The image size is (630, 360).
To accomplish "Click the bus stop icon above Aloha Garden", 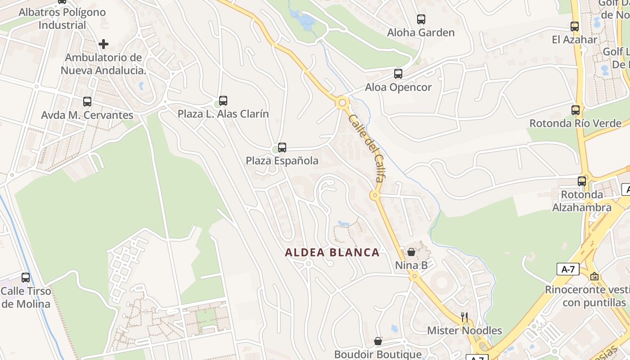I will tap(421, 19).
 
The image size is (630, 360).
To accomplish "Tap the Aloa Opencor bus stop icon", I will tap(398, 74).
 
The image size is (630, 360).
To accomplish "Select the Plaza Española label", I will tap(282, 161).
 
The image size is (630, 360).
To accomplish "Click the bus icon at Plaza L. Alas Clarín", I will tap(223, 101).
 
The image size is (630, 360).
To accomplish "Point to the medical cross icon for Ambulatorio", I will tap(103, 44).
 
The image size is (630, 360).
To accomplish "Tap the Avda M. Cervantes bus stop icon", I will tap(87, 102).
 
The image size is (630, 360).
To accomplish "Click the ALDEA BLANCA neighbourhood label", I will tap(332, 252).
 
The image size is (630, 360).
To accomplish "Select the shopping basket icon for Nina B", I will tap(411, 252).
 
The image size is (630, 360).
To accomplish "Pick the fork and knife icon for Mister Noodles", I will tap(464, 317).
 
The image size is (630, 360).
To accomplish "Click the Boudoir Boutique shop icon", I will tap(378, 342).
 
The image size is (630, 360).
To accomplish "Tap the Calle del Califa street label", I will tap(365, 148).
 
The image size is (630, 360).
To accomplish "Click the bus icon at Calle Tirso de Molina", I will tap(26, 278).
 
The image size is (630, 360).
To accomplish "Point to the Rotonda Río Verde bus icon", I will tap(576, 110).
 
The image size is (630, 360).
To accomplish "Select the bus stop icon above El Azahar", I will tap(575, 27).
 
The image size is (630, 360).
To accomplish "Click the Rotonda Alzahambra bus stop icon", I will tap(582, 181).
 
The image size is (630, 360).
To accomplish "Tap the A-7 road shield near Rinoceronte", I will tap(568, 269).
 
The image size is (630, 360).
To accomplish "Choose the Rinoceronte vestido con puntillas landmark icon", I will tap(594, 276).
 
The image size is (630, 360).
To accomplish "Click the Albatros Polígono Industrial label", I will tap(62, 18).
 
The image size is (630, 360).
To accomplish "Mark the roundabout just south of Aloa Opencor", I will tap(342, 103).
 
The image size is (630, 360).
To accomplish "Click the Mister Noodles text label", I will tap(464, 331).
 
